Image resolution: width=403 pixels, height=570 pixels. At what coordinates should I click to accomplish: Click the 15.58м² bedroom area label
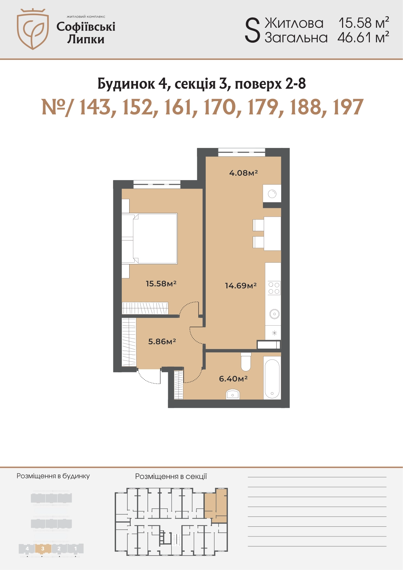(161, 283)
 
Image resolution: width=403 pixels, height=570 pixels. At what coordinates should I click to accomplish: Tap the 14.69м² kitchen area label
(241, 286)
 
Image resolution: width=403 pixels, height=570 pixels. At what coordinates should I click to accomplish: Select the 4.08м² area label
(244, 173)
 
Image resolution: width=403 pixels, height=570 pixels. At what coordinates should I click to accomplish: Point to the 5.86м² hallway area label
(162, 341)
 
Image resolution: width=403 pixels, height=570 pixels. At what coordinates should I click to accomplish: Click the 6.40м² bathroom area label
(233, 379)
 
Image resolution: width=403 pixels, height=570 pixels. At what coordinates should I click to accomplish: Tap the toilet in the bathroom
(246, 361)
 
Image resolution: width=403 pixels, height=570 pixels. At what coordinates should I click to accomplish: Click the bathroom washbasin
(232, 394)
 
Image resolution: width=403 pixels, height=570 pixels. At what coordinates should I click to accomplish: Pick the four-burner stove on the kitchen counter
(274, 288)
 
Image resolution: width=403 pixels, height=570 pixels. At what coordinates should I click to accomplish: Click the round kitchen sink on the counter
(274, 314)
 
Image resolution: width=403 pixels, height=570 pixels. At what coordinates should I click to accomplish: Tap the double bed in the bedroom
(149, 238)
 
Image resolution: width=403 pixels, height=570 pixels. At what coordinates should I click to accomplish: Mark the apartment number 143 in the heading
(95, 107)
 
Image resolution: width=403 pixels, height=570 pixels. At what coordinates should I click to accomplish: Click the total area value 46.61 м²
(363, 38)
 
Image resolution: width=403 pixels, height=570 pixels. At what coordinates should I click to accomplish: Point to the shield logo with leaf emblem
(33, 29)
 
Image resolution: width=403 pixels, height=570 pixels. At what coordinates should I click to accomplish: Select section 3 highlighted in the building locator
(43, 549)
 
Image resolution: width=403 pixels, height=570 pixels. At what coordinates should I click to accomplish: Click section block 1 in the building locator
(75, 549)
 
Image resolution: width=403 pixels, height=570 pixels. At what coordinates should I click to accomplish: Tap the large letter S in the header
(252, 31)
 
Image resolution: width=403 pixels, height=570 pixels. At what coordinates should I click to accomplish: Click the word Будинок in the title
(126, 84)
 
